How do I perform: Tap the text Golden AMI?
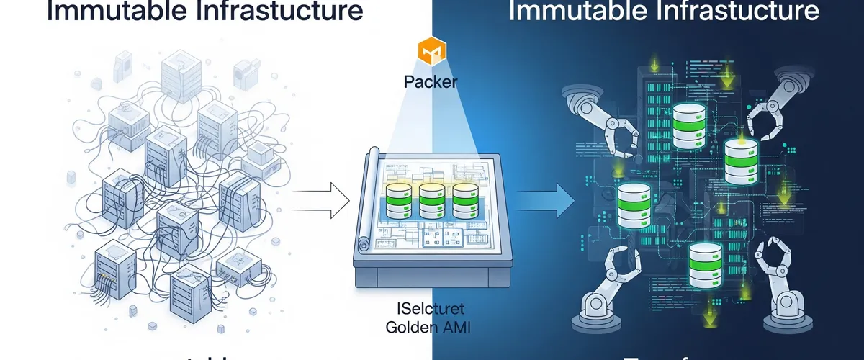(427, 328)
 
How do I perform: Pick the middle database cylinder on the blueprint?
(431, 202)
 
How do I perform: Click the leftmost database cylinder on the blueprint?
(397, 202)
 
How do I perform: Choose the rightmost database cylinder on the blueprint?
(465, 202)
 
